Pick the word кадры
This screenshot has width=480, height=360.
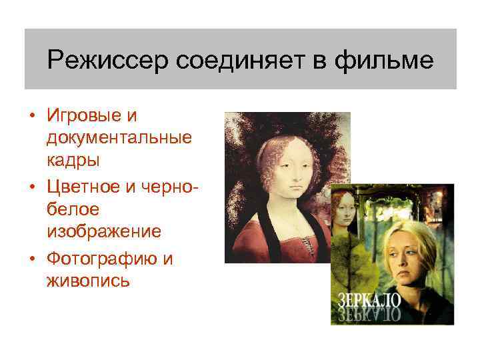click(73, 160)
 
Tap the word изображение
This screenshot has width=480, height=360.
click(104, 231)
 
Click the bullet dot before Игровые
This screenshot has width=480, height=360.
click(31, 116)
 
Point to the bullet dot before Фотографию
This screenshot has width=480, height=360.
click(31, 259)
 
